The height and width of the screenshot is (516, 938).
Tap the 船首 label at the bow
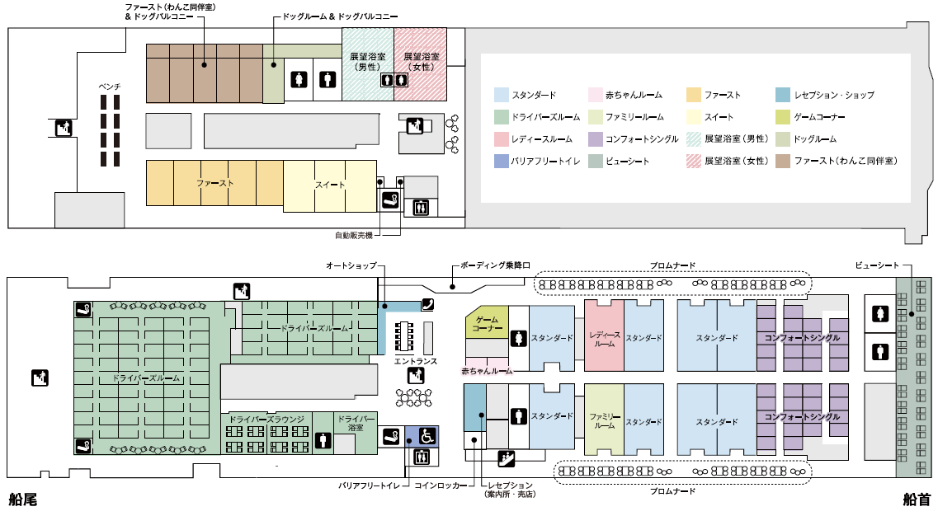point(916,499)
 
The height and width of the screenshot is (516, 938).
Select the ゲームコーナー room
point(487,324)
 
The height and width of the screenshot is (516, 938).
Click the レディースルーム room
point(604,338)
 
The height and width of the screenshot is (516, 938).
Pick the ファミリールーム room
point(604,420)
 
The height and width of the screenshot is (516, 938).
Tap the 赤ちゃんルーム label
point(487,371)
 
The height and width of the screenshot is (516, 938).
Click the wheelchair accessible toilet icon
point(428,435)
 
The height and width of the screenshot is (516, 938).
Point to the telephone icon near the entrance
point(427,303)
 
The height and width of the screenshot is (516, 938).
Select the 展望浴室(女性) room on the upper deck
point(420,62)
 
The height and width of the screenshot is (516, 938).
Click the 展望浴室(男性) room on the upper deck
point(367,62)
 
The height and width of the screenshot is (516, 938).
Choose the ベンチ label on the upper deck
point(110,86)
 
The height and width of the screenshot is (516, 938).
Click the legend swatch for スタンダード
point(501,95)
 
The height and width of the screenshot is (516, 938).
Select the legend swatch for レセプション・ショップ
point(783,95)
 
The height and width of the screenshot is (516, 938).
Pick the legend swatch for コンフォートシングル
point(595,139)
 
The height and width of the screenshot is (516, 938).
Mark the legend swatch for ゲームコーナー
point(783,117)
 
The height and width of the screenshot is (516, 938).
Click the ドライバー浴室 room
point(356,424)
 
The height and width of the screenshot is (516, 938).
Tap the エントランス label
point(415,361)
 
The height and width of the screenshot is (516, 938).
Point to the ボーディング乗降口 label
point(494,265)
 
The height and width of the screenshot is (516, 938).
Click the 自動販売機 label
point(353,236)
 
